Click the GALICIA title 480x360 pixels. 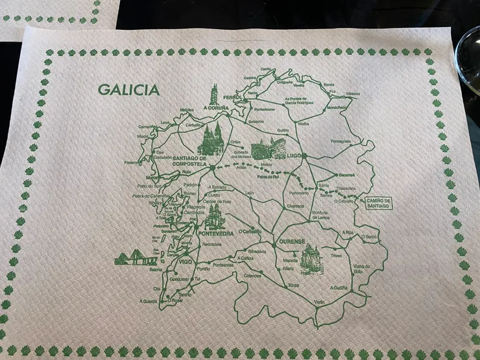(128, 90)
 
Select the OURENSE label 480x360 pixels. (291, 242)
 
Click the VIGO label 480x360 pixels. (186, 261)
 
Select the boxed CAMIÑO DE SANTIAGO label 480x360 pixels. (379, 203)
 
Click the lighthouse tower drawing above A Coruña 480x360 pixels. (213, 93)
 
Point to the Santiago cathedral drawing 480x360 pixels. (210, 139)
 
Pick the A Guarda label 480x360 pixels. (148, 300)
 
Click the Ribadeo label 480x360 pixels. (353, 93)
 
